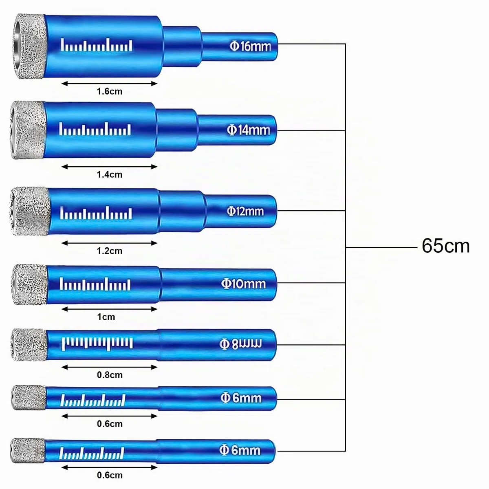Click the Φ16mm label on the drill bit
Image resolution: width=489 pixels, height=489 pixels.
[x=250, y=46]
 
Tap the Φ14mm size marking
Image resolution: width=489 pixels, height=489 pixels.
[x=248, y=130]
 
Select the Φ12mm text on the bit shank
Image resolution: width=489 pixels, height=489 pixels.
[x=245, y=211]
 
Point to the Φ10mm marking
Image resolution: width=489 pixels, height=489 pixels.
[x=243, y=284]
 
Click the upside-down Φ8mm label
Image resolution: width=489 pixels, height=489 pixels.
[x=240, y=344]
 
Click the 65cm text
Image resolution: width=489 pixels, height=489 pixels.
[x=446, y=246]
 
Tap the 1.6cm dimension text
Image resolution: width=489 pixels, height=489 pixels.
[x=109, y=91]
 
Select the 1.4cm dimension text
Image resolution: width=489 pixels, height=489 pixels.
[x=109, y=174]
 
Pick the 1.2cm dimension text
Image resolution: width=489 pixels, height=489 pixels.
[x=109, y=251]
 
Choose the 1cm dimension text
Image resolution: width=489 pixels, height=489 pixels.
[x=106, y=317]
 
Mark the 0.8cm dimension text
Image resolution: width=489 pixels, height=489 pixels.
[x=110, y=375]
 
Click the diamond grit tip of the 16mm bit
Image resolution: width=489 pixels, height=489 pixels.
[x=29, y=46]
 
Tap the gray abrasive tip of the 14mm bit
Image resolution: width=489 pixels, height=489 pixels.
[x=28, y=130]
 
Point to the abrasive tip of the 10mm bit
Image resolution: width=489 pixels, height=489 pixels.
[x=29, y=284]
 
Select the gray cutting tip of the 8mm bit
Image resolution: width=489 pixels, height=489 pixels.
[x=29, y=344]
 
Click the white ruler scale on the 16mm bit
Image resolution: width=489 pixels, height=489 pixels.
[x=97, y=45]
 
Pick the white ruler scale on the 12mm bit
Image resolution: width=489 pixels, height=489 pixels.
[x=96, y=213]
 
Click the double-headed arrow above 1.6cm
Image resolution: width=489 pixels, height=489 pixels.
[x=109, y=84]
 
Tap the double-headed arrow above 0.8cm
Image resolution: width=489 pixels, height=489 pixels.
[x=109, y=367]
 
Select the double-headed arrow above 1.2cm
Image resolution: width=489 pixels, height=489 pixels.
[x=109, y=243]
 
